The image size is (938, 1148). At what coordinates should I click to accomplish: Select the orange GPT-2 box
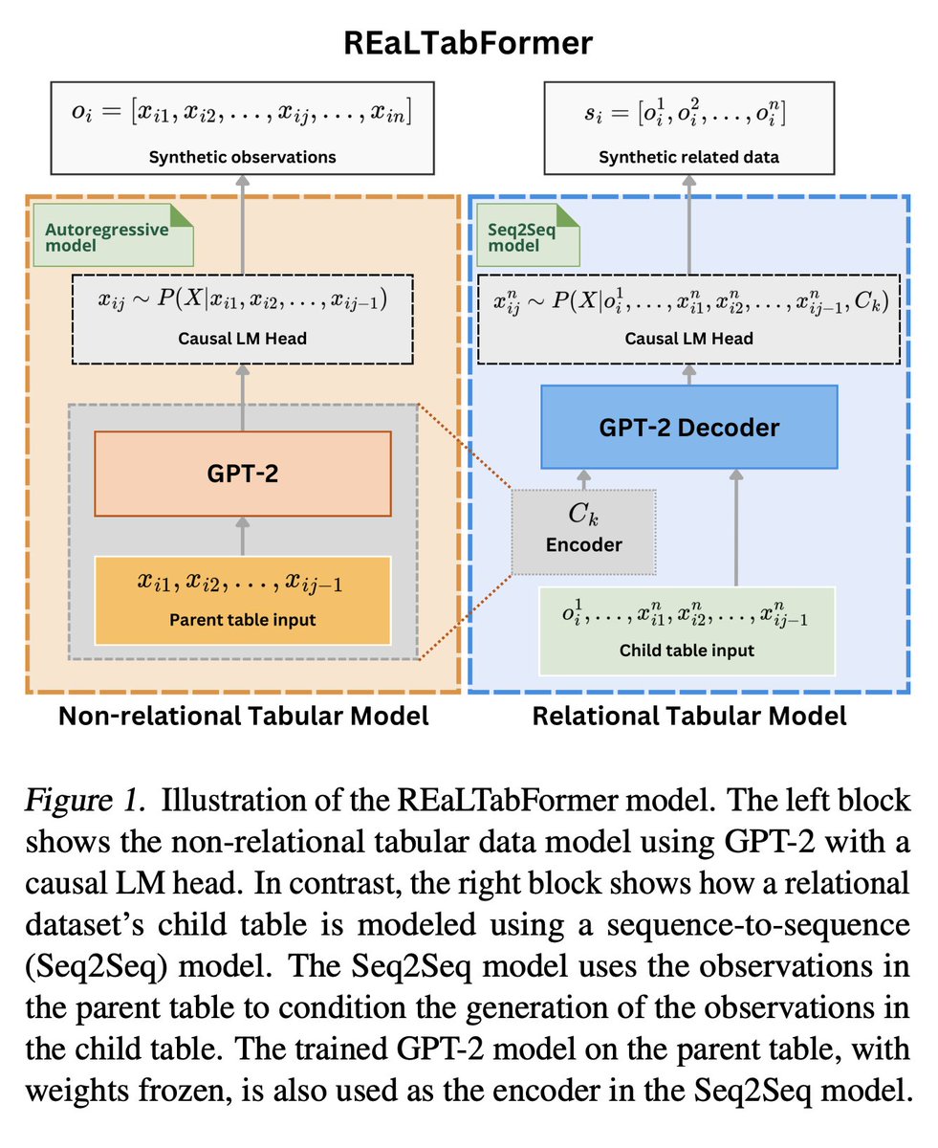pos(242,473)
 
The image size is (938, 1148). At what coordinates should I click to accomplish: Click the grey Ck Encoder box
pos(583,532)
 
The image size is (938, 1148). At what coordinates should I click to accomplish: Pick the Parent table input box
pos(242,600)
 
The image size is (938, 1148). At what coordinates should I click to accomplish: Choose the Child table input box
pos(687,630)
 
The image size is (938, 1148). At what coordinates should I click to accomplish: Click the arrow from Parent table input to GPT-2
pos(242,536)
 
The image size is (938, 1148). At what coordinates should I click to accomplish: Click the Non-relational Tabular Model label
pos(243,716)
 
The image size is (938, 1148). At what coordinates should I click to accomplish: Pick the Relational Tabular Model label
pos(688,716)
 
